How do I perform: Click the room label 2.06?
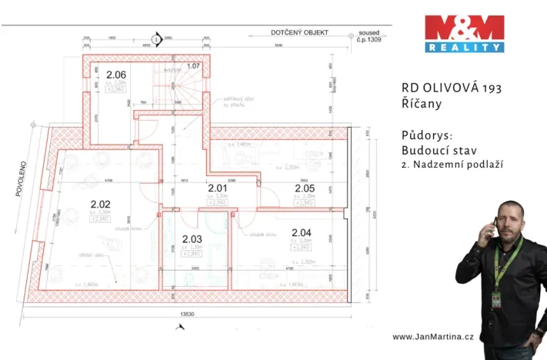point(116,75)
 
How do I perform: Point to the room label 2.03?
point(191,238)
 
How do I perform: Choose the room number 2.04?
point(302,232)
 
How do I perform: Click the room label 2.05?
point(305,187)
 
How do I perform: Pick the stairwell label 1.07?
point(193,66)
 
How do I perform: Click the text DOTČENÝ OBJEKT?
point(299,32)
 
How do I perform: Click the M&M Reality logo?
point(464,33)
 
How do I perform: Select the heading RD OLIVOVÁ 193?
point(451,88)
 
